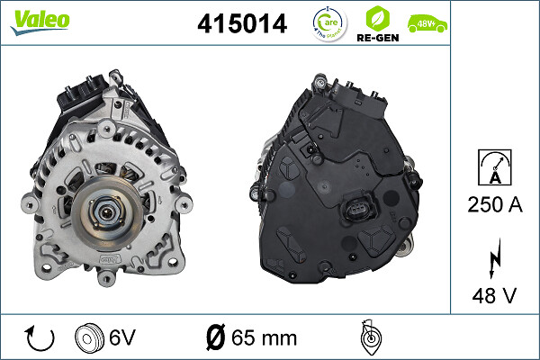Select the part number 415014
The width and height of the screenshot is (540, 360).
(x=242, y=24)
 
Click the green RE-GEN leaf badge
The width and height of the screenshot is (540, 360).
(x=378, y=16)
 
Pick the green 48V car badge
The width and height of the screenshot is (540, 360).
(x=426, y=22)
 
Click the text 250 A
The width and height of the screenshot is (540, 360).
(x=494, y=206)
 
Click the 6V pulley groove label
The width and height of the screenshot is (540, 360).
(x=121, y=337)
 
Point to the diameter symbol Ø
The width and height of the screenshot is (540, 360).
(x=215, y=337)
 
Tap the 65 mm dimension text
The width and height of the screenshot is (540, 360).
(x=265, y=337)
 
